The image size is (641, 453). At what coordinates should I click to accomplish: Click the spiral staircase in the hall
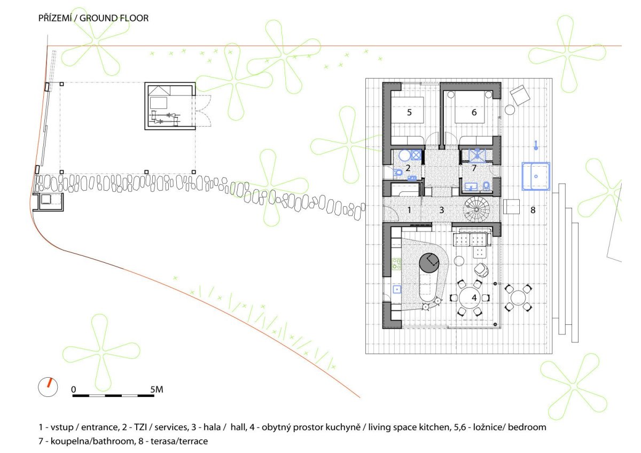point(476,209)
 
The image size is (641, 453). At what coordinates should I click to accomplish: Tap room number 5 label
point(409,113)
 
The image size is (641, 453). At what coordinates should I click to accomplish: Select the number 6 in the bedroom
point(474,113)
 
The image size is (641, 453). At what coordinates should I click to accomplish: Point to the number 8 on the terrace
point(533,210)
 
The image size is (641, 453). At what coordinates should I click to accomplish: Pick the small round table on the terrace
point(518,298)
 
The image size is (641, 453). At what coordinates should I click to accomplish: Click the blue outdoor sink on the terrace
point(536,176)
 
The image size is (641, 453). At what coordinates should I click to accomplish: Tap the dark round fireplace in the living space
point(429,262)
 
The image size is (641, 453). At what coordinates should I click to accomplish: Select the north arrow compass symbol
point(48,387)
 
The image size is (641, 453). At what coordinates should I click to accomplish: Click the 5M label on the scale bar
point(157,389)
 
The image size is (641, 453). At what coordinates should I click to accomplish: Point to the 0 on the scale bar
point(74,389)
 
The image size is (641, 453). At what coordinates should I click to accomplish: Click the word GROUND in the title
point(96,18)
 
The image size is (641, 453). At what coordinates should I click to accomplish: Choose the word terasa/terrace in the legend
point(179,441)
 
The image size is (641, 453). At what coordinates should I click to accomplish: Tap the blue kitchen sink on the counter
point(397,290)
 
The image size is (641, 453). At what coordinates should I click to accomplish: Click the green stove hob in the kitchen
point(396,264)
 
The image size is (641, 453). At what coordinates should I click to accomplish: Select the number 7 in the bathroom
point(474,168)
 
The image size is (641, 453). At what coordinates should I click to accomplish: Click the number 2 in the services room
point(408,168)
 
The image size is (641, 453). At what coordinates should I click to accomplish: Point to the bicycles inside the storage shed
point(165,118)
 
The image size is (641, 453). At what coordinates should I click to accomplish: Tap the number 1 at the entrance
point(409,210)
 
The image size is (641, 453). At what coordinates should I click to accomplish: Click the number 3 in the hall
point(442,210)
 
